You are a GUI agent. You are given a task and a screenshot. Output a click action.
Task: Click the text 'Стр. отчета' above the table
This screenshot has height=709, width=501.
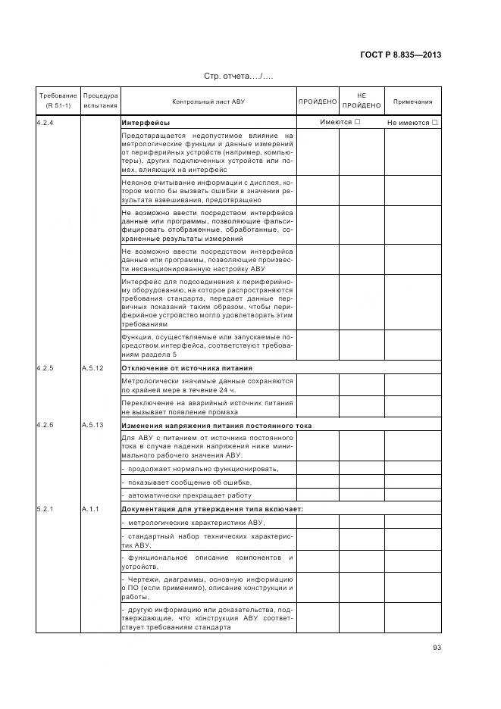point(238,77)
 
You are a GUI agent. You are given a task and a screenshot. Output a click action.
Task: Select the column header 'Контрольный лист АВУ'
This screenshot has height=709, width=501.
point(208,101)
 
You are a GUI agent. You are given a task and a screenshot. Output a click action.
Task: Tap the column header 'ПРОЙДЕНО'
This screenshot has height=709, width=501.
point(317,101)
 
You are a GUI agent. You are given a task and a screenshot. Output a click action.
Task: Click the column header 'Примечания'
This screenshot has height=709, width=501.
point(413,101)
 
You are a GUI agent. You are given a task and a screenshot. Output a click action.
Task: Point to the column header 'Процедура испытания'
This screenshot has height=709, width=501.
point(100,101)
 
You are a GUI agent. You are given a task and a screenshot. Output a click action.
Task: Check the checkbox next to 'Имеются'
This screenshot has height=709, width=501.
point(357,122)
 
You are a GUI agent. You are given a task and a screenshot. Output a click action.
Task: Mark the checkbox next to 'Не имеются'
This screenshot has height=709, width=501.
point(435,122)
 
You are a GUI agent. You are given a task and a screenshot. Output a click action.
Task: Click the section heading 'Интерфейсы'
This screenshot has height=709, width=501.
point(146,122)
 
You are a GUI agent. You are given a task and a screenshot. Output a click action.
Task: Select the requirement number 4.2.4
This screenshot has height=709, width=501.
point(45,122)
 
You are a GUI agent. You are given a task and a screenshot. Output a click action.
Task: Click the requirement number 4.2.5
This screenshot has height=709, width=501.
point(45,367)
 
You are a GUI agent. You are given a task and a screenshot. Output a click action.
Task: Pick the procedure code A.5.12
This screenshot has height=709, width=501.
point(92,367)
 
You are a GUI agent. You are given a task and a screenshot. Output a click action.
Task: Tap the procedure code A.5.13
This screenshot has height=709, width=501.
point(92,425)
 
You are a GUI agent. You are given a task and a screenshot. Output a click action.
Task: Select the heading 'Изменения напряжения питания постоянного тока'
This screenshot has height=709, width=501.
point(216,425)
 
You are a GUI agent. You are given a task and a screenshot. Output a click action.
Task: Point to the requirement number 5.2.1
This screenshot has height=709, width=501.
point(45,508)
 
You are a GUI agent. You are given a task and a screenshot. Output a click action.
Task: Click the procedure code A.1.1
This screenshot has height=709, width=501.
point(90,508)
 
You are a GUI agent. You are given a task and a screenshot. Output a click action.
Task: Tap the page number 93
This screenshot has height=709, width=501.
point(437,646)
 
